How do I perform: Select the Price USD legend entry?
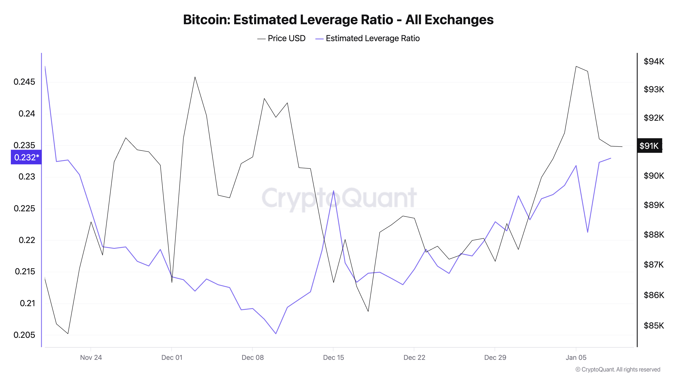(281, 38)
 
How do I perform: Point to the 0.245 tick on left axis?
(24, 82)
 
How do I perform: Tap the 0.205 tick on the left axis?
(24, 335)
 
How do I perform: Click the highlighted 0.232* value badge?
(26, 157)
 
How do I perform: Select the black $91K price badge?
(649, 146)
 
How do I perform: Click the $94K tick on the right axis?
(654, 61)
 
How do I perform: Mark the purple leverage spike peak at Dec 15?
(333, 191)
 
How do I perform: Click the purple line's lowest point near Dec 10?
(276, 334)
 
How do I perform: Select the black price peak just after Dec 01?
(195, 77)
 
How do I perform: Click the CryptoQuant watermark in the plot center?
(339, 198)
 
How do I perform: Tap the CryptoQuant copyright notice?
(618, 369)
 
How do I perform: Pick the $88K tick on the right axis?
(654, 235)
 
